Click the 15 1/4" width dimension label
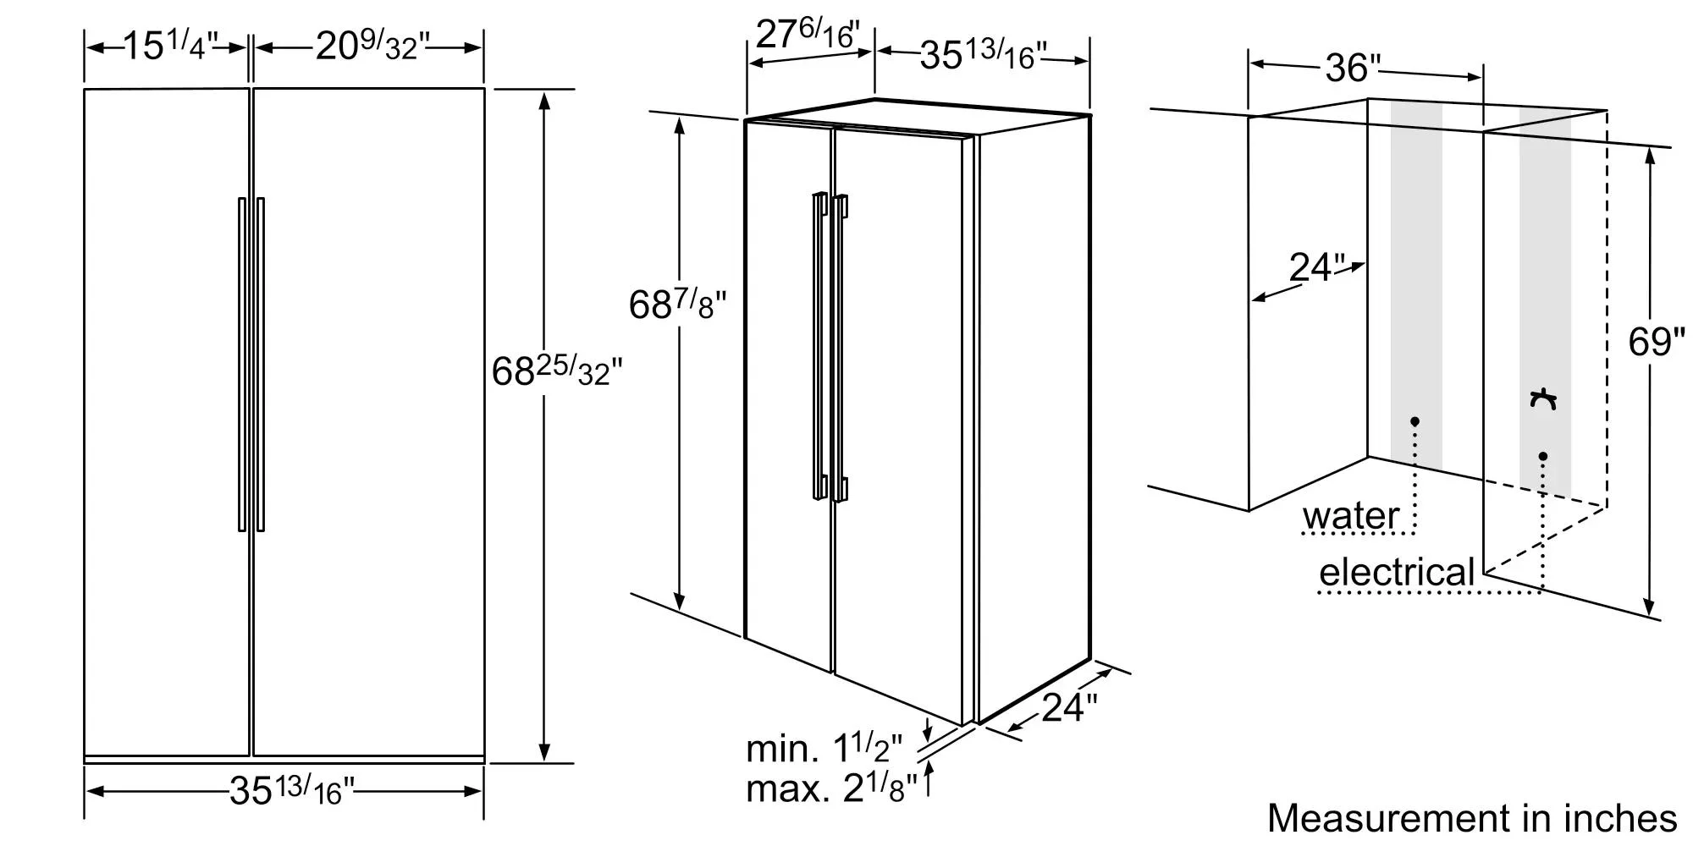(x=172, y=46)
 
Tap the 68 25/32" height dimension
(x=557, y=371)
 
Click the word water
(x=1350, y=515)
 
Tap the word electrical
(x=1398, y=573)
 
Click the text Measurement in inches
(x=1472, y=818)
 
